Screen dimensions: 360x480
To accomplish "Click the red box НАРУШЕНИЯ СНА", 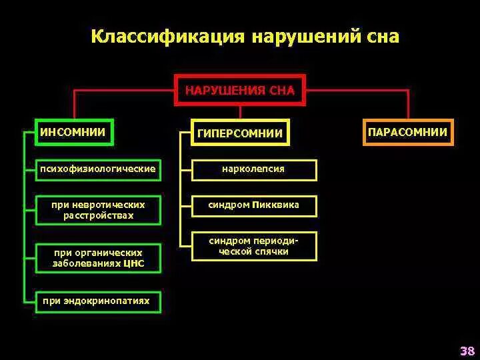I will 239,90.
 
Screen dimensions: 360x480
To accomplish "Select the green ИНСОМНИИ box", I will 73,132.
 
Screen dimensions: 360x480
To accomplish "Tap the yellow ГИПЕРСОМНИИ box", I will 240,133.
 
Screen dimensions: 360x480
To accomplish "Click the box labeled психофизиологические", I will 98,169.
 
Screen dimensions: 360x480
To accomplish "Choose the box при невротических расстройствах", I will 98,210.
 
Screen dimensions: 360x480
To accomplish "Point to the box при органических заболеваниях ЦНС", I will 98,258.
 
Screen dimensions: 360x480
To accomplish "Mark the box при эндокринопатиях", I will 96,301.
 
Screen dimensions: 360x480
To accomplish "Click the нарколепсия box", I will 253,169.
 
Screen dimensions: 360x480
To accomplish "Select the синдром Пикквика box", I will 253,205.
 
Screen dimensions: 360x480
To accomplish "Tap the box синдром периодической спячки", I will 253,246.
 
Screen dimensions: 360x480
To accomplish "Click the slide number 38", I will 467,351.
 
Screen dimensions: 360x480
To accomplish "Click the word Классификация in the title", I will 167,36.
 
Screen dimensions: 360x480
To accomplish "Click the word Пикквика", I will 276,205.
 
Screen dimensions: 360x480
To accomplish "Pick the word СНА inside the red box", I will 281,90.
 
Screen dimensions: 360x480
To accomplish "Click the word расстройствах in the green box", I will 98,216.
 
